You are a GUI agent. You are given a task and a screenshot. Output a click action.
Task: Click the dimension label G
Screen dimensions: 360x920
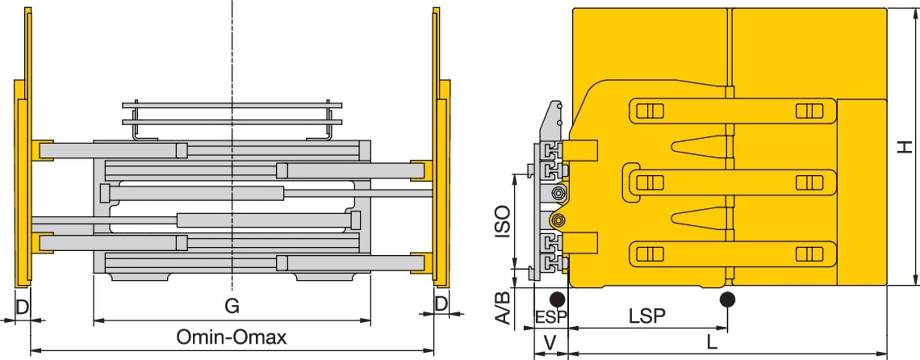click(x=232, y=306)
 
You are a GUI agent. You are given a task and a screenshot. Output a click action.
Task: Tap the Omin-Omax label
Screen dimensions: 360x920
click(x=231, y=337)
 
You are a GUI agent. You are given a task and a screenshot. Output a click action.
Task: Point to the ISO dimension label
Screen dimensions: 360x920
click(x=503, y=221)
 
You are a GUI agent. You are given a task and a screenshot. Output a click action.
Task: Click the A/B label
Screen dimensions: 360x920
click(x=503, y=308)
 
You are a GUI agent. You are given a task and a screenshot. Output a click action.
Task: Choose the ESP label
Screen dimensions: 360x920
click(x=551, y=317)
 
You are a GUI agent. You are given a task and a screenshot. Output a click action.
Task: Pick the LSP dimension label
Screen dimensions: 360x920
click(x=647, y=316)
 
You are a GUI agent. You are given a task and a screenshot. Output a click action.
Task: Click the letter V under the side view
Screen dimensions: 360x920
click(x=550, y=343)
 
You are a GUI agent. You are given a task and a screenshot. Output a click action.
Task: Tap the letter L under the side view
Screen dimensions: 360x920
click(x=712, y=343)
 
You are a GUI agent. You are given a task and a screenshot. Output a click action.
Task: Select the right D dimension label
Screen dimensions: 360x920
click(x=441, y=304)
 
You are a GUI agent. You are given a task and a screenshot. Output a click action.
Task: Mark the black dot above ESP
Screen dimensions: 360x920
click(x=557, y=299)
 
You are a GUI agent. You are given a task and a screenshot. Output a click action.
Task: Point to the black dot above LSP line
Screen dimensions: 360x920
click(x=727, y=299)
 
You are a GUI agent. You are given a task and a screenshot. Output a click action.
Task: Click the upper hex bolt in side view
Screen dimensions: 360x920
click(x=558, y=193)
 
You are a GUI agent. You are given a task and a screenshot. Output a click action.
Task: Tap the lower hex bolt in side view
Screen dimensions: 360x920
click(x=558, y=220)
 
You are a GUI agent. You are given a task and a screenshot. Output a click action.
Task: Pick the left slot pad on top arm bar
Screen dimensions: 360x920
click(x=650, y=111)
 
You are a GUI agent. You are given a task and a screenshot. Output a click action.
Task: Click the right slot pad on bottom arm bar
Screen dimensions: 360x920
click(x=809, y=254)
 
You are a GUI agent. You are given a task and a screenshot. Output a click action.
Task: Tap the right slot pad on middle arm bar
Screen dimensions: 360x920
click(x=809, y=182)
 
